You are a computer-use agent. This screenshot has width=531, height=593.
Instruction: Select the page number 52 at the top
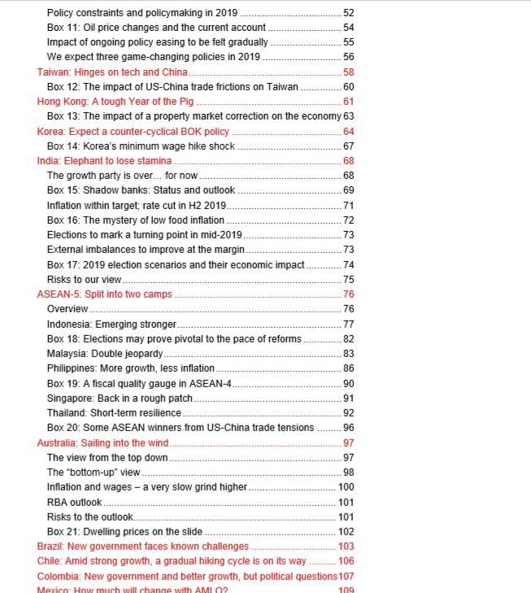[x=348, y=13]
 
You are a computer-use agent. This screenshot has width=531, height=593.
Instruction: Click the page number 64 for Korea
[x=348, y=132]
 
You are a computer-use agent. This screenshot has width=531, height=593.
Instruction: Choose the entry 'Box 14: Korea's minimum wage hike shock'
[x=141, y=146]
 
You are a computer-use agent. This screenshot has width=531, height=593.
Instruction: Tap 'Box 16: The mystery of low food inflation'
[x=136, y=220]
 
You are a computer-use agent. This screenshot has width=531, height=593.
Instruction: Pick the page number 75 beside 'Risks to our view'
[x=348, y=280]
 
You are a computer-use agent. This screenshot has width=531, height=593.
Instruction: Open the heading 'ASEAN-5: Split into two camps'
[x=105, y=294]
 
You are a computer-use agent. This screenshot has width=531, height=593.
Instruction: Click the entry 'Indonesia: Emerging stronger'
[x=111, y=325]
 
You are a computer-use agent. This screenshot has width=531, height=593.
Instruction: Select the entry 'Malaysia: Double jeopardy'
[x=105, y=354]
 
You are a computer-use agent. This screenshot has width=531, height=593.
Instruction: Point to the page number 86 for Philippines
[x=348, y=368]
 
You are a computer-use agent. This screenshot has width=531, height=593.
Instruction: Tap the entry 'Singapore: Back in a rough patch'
[x=120, y=399]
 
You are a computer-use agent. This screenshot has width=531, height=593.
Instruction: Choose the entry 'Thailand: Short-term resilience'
[x=114, y=413]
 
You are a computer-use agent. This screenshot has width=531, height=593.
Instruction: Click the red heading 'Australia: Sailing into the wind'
[x=102, y=443]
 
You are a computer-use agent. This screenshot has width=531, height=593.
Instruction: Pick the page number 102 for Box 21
[x=346, y=532]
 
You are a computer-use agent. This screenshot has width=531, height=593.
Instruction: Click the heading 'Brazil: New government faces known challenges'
[x=143, y=547]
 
